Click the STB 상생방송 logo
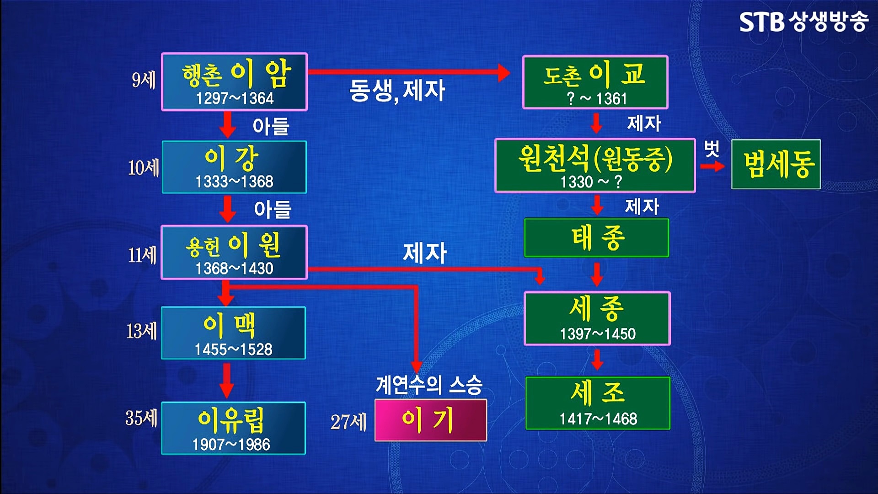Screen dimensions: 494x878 click(803, 21)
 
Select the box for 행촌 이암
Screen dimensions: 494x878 click(234, 82)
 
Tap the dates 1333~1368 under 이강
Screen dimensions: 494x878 click(234, 182)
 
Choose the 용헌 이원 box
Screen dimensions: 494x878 click(234, 252)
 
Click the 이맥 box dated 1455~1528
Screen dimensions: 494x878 click(233, 333)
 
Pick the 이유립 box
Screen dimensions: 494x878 click(233, 428)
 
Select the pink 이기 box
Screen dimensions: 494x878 click(430, 420)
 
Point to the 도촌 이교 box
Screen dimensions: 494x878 click(595, 82)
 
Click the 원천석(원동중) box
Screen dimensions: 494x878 click(595, 165)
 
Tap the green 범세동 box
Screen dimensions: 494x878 click(776, 164)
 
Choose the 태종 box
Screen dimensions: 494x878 click(596, 238)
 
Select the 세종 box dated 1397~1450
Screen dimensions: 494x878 click(597, 318)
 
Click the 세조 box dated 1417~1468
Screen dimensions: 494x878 click(598, 403)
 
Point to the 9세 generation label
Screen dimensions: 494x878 click(144, 80)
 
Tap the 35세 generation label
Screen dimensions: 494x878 click(141, 418)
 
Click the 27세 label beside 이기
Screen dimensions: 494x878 click(348, 422)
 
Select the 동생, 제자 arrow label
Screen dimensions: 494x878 click(397, 90)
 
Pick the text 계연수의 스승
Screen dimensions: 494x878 click(429, 385)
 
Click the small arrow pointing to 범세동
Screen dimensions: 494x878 click(712, 166)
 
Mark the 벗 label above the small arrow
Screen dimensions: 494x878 click(712, 148)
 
